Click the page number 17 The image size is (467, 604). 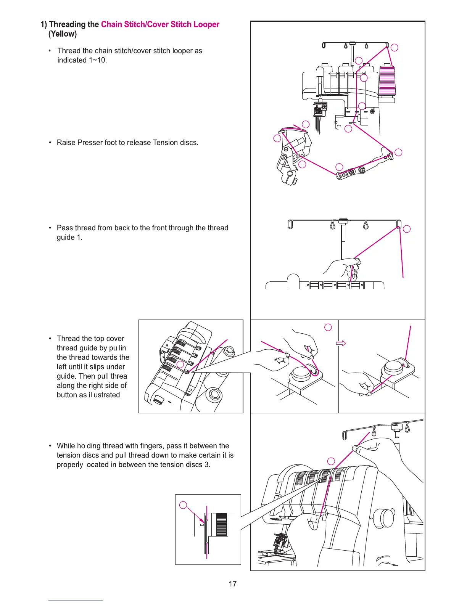click(x=232, y=584)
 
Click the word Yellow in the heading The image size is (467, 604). click(x=63, y=34)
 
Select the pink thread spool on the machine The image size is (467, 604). click(x=387, y=80)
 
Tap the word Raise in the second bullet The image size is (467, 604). click(x=66, y=143)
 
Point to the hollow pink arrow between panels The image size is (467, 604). click(x=341, y=343)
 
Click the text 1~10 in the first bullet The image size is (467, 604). click(x=97, y=60)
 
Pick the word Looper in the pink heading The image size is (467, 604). click(x=206, y=24)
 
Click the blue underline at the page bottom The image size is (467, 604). click(x=75, y=601)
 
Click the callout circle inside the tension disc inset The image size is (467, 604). click(x=184, y=505)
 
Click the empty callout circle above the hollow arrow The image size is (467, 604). click(x=328, y=327)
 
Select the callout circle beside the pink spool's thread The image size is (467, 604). click(x=395, y=47)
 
